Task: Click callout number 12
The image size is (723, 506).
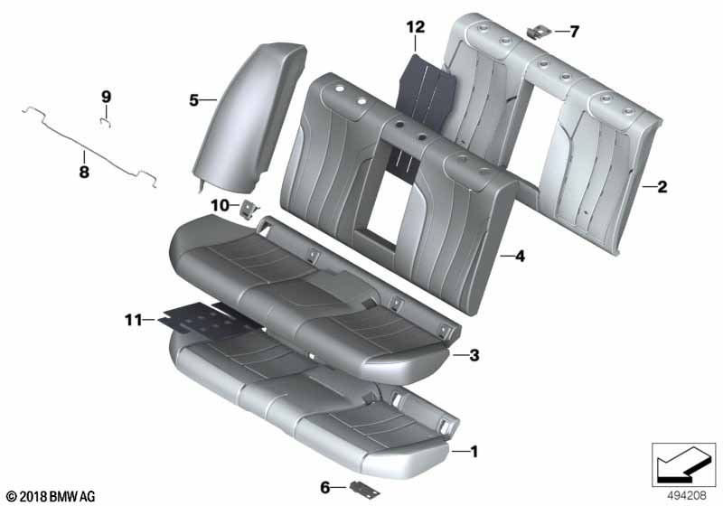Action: click(x=416, y=27)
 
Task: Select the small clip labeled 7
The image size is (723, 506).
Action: click(x=539, y=33)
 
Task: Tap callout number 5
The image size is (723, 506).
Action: click(x=194, y=100)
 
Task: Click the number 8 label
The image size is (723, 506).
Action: click(x=84, y=172)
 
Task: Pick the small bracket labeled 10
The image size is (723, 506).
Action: click(x=249, y=211)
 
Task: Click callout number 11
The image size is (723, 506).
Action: click(x=134, y=320)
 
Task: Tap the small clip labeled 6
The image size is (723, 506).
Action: click(x=365, y=490)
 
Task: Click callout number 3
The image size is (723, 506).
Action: click(x=474, y=355)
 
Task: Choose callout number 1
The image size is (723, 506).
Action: click(x=474, y=452)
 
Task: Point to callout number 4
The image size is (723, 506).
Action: click(x=521, y=256)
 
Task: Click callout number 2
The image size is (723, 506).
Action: click(x=662, y=187)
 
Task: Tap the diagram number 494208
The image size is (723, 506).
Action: click(x=687, y=495)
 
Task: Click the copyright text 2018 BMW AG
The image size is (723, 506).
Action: click(x=52, y=496)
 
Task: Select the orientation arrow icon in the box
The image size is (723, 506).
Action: click(x=684, y=464)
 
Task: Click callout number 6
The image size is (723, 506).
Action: click(x=325, y=487)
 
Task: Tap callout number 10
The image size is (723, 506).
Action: click(x=221, y=205)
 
